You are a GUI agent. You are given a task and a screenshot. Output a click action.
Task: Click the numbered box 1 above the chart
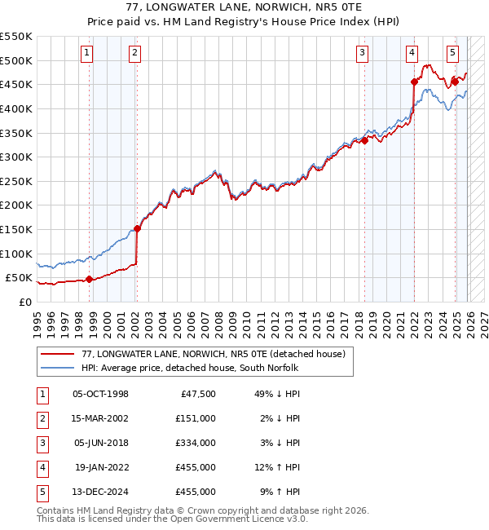point(87,54)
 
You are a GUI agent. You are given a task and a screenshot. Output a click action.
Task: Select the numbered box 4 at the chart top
point(412,54)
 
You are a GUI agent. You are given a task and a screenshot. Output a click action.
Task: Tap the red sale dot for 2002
point(137,228)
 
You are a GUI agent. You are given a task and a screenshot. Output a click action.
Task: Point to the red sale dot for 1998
point(90,279)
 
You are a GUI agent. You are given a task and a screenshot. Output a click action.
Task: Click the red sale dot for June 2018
point(364,140)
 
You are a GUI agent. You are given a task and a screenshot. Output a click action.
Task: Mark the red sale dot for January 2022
point(414,82)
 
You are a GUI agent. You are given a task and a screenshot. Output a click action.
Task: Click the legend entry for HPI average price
point(190,369)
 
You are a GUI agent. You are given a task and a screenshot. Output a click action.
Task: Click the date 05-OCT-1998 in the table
point(100,394)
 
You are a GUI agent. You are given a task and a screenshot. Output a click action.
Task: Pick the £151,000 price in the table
point(196,418)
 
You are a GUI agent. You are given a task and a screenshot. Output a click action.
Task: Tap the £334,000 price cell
point(196,443)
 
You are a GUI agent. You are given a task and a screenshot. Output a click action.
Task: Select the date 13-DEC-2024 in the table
point(100,492)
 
